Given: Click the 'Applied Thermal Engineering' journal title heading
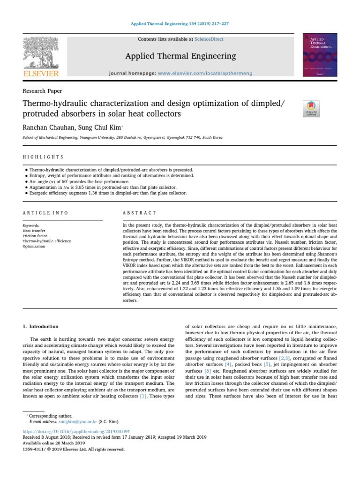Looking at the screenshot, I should tap(180, 56).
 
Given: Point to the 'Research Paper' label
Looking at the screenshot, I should tap(42, 91).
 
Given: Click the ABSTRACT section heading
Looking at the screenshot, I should tap(140, 213).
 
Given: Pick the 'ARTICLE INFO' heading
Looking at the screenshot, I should tap(45, 213).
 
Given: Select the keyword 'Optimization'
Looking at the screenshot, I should tap(34, 246).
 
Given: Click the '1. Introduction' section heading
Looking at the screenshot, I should tap(41, 326).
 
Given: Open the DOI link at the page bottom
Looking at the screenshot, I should tap(76, 431).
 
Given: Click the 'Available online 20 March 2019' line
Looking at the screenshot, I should tap(54, 443).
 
